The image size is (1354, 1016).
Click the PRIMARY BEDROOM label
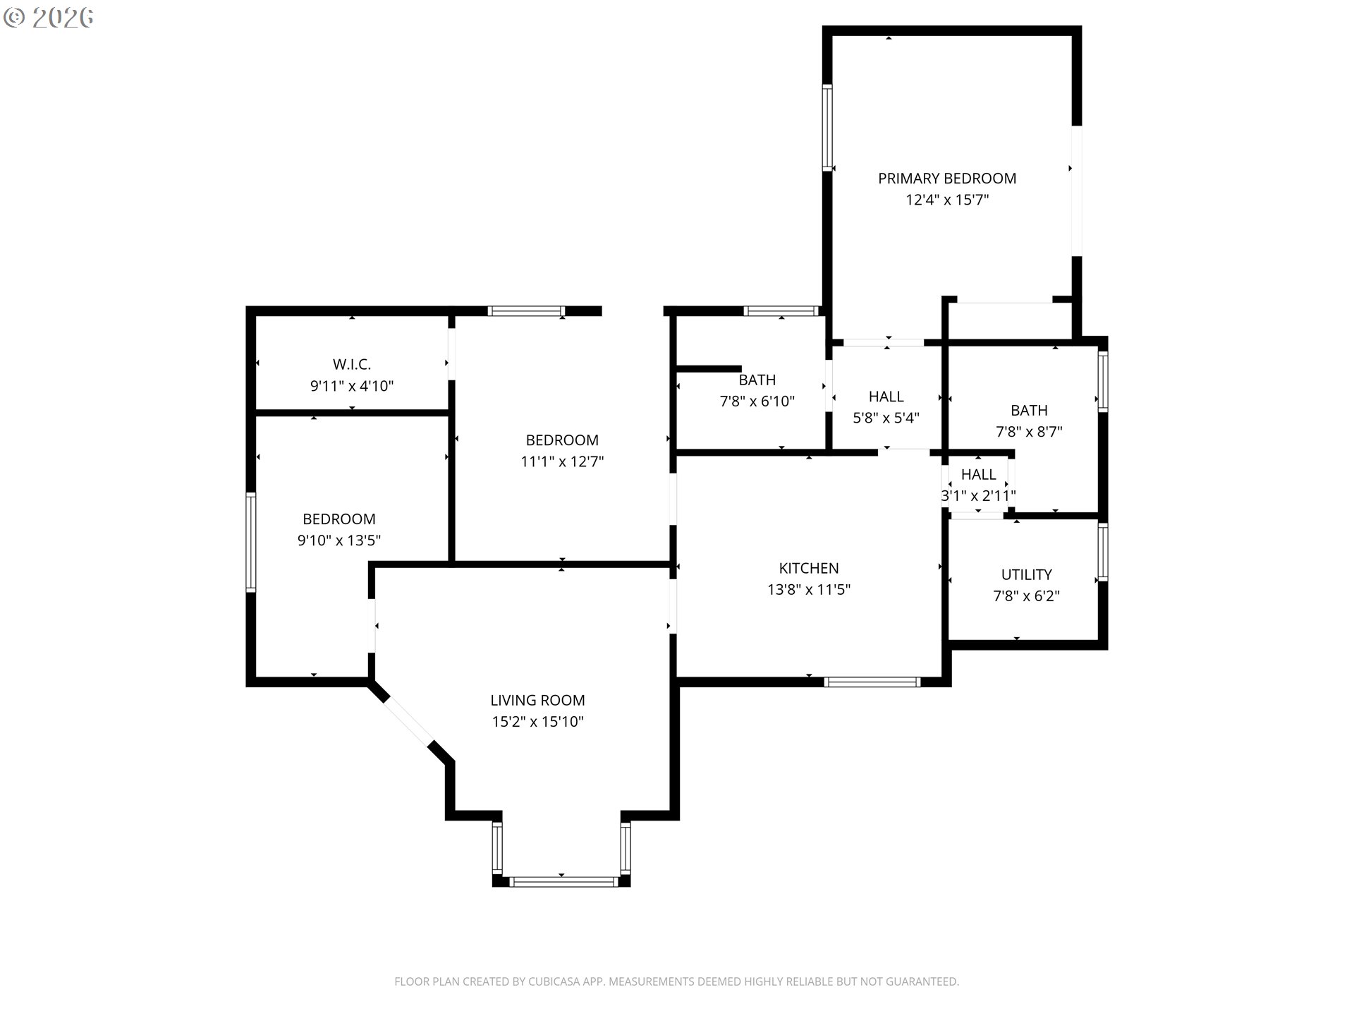pos(947,179)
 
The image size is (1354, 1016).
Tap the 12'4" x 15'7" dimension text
pos(947,200)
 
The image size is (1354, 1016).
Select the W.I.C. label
pos(352,365)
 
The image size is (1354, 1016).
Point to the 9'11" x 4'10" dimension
pos(352,386)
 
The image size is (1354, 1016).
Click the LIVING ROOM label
pos(537,701)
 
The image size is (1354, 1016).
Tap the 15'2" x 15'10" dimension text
pos(537,722)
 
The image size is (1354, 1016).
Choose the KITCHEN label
pos(809,569)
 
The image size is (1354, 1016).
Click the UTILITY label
pos(1026,575)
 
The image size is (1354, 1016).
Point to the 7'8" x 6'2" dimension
pos(1026,596)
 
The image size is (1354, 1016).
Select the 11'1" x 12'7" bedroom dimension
pos(562,462)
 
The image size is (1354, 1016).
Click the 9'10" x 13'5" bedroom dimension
pos(339,541)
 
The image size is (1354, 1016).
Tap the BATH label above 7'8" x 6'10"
pos(757,380)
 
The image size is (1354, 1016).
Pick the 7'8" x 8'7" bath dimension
pos(1029,432)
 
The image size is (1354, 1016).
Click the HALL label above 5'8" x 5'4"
pos(886,397)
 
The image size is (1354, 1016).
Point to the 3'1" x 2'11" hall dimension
pos(979,496)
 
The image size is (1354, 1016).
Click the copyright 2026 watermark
pos(48,18)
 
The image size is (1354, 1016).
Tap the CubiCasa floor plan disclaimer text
pos(677,981)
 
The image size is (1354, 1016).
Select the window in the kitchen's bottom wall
pos(872,682)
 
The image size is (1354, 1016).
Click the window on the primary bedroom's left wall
pos(827,128)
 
